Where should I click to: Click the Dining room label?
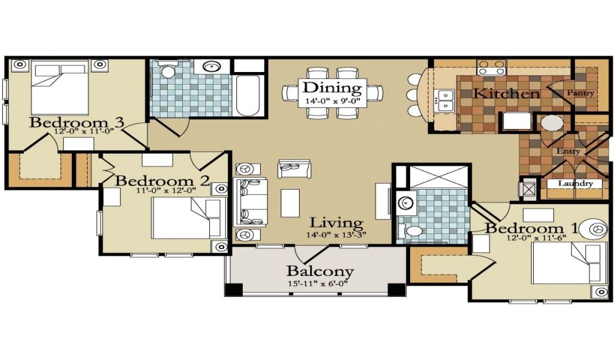click(x=332, y=88)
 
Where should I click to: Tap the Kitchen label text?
click(x=507, y=94)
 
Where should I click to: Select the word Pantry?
click(x=580, y=93)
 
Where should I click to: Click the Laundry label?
click(x=575, y=184)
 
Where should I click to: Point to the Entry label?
click(x=568, y=151)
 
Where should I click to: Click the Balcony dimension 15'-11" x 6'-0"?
click(x=318, y=283)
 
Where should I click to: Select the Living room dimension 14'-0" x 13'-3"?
click(x=336, y=235)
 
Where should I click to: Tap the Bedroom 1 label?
click(x=531, y=229)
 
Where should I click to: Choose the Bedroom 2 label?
click(x=162, y=181)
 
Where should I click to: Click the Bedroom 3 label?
click(x=77, y=122)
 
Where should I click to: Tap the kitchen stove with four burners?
click(x=491, y=67)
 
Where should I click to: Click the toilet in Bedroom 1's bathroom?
click(x=410, y=231)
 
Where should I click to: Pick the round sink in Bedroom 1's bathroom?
click(x=405, y=203)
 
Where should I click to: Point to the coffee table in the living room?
click(x=290, y=203)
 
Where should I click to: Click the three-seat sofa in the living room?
click(x=250, y=202)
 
